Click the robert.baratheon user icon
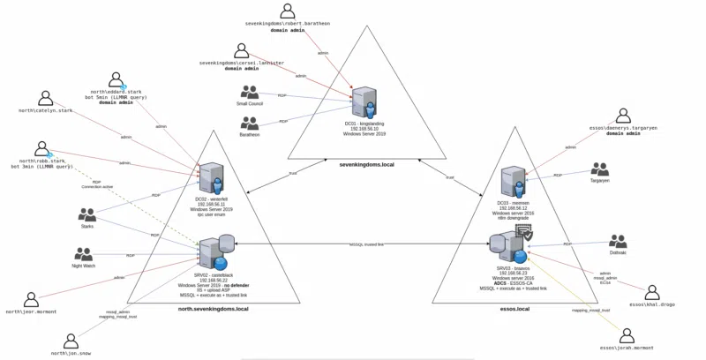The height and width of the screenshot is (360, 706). pyautogui.click(x=288, y=11)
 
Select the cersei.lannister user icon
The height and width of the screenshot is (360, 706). pyautogui.click(x=242, y=51)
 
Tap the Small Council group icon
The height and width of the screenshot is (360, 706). pyautogui.click(x=250, y=92)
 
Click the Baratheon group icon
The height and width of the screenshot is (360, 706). pyautogui.click(x=250, y=122)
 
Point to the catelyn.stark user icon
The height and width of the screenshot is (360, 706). pyautogui.click(x=45, y=99)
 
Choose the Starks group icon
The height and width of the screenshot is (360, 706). pyautogui.click(x=86, y=214)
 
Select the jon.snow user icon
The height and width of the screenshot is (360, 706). pyautogui.click(x=73, y=340)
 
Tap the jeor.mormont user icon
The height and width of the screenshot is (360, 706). pyautogui.click(x=31, y=300)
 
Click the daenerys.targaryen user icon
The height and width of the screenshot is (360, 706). pyautogui.click(x=623, y=116)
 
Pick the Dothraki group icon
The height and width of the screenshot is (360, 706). pyautogui.click(x=618, y=241)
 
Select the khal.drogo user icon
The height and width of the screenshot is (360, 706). pyautogui.click(x=652, y=292)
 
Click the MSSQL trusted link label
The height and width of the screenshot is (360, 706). pyautogui.click(x=367, y=244)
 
